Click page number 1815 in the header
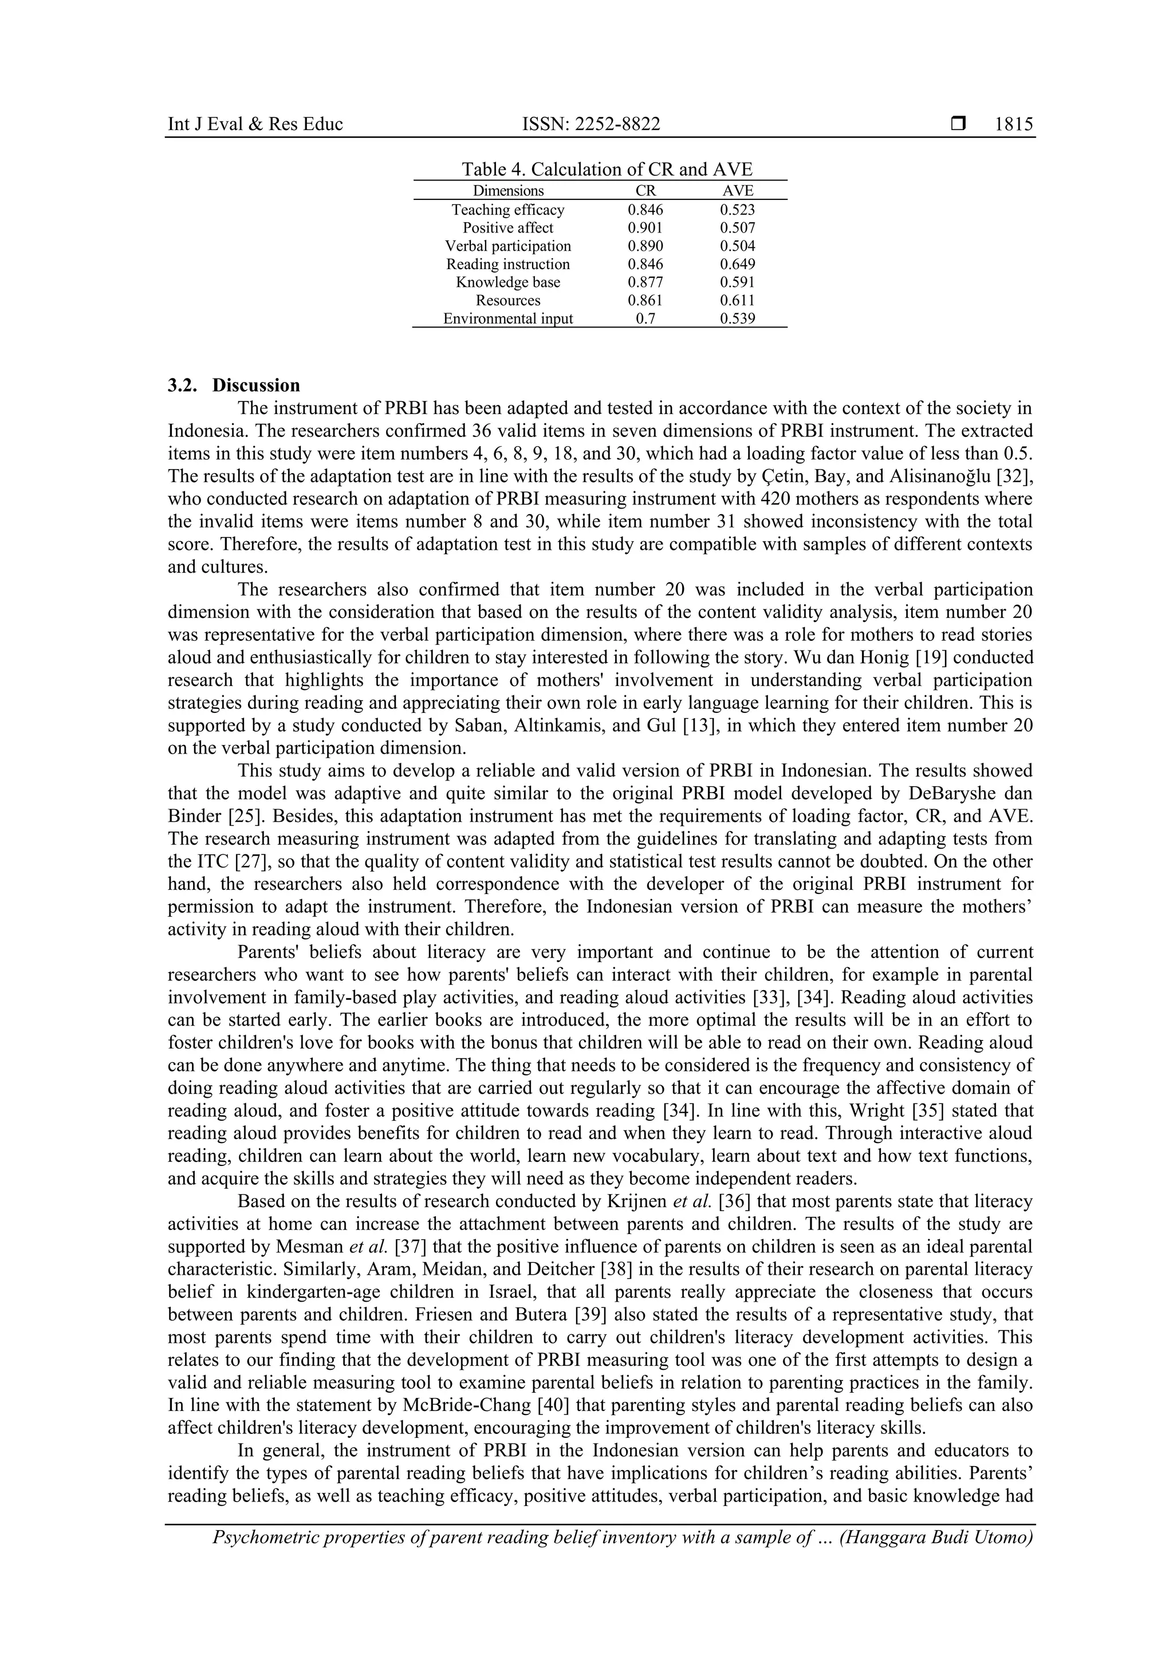[1013, 124]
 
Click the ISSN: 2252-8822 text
[591, 124]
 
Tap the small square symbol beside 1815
[958, 124]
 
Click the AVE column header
[737, 191]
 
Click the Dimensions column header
[508, 191]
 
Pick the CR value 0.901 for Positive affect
[645, 227]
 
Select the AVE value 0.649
[737, 265]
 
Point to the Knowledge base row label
[507, 282]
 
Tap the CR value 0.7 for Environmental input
[645, 318]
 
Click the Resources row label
[507, 301]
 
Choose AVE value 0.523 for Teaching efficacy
[737, 210]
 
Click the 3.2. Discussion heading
[234, 385]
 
